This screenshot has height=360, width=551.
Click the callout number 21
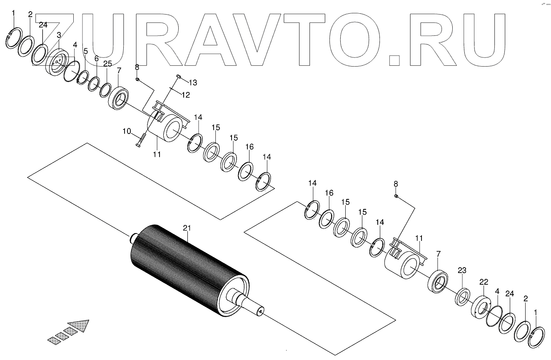pos(187,228)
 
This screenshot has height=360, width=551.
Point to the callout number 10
pos(127,132)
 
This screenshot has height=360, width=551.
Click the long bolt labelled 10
pos(141,139)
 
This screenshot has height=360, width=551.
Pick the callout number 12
pos(185,95)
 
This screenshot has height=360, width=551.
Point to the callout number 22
pos(483,282)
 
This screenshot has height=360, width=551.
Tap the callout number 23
pos(462,270)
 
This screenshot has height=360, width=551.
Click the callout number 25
pos(107,63)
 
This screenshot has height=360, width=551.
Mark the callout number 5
pos(85,51)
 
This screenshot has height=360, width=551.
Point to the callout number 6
pos(96,59)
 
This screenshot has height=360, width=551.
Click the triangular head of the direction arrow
pos(80,325)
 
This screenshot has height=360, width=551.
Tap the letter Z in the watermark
pos(53,40)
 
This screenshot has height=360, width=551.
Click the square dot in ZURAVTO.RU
pos(394,60)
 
